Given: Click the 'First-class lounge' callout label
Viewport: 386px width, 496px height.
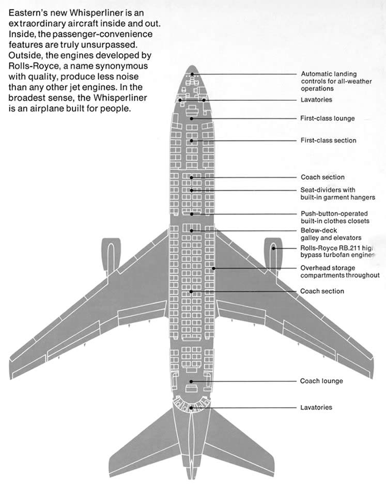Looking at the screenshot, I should pyautogui.click(x=328, y=118).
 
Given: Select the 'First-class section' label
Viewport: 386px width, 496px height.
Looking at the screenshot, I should pyautogui.click(x=328, y=140).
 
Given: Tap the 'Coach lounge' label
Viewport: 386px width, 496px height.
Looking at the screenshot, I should pyautogui.click(x=321, y=381).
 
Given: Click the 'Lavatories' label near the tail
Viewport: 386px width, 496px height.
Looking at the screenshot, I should pyautogui.click(x=316, y=407).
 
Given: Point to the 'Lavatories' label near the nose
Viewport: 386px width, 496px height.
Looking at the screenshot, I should pyautogui.click(x=316, y=99).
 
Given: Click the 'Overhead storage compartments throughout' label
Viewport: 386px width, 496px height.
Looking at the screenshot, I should pyautogui.click(x=339, y=272).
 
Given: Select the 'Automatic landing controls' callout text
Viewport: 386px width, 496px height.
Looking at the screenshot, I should pyautogui.click(x=329, y=82).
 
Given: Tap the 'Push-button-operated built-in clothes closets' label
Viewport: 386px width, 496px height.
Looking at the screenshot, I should pyautogui.click(x=335, y=217).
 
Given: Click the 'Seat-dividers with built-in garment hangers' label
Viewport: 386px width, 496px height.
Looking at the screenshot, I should pyautogui.click(x=337, y=194).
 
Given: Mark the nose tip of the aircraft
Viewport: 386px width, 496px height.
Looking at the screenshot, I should pyautogui.click(x=192, y=67).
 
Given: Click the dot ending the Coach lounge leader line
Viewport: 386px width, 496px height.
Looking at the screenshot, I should pyautogui.click(x=192, y=381).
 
